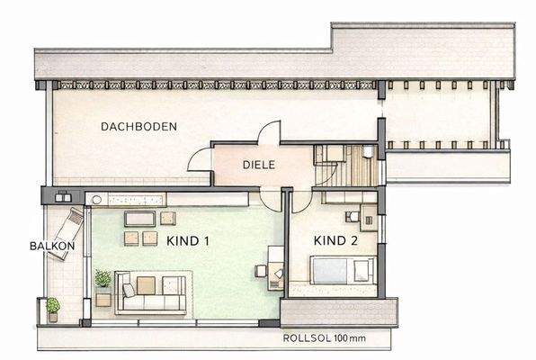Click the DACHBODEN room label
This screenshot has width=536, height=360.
pos(138,127)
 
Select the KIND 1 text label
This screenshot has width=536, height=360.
pos(188,240)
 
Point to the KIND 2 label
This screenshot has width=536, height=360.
pos(335,241)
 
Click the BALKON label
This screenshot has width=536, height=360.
pos(46,246)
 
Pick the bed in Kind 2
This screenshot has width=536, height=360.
pos(341,269)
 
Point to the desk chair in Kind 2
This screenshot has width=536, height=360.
pos(352,217)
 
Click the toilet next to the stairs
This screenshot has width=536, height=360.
pos(370,152)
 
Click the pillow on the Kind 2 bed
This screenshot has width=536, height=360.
pos(362,269)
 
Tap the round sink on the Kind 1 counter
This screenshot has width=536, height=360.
pos(95,198)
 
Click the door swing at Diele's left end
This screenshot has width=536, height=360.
pos(199,160)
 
